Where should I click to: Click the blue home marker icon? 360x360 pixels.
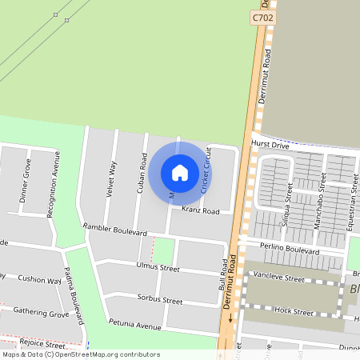click(x=180, y=172)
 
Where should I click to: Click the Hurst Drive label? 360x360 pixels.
click(x=269, y=145)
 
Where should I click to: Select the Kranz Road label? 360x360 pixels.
click(x=200, y=211)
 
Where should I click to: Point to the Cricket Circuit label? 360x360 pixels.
click(x=206, y=170)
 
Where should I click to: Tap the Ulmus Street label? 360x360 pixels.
click(x=158, y=266)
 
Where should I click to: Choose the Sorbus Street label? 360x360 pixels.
click(x=161, y=301)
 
